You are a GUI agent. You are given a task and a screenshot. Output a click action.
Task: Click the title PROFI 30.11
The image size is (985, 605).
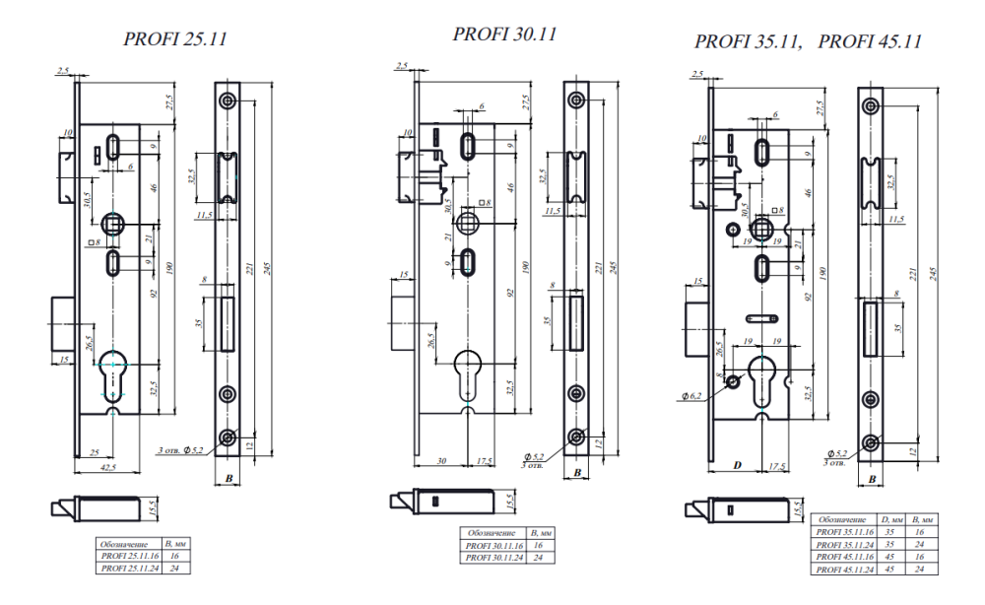pos(505,34)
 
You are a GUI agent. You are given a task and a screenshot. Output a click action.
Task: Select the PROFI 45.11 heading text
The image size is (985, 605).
pos(870,41)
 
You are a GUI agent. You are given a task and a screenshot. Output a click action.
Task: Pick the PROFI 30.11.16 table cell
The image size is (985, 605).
pos(492,545)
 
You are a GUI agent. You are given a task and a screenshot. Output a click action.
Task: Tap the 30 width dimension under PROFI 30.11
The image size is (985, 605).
pos(441,460)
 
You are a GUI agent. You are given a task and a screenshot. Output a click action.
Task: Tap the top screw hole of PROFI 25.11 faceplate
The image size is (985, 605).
pos(229,100)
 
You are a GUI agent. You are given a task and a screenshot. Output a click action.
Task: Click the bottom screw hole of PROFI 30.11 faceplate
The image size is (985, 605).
pos(577,436)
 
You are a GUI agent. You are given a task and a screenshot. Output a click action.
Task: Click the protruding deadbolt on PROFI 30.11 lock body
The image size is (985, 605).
pos(403,314)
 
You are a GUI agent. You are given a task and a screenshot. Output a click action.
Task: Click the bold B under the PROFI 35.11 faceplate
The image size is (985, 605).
pos(871,480)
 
